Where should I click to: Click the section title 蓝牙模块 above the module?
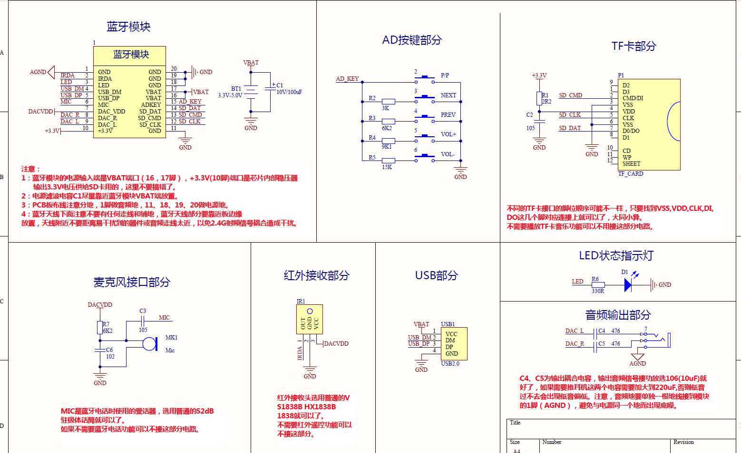(x=128, y=27)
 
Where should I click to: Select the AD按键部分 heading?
(x=412, y=40)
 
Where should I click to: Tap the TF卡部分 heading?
(x=634, y=46)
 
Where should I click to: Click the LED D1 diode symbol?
(x=628, y=285)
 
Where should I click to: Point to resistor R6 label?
(x=595, y=279)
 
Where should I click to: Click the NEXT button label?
(x=448, y=95)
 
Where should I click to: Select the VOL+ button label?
(x=448, y=134)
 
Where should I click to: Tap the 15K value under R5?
(x=387, y=167)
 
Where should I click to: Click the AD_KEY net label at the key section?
(x=347, y=79)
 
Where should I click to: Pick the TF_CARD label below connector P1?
(x=630, y=174)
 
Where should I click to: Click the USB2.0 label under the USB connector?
(x=450, y=364)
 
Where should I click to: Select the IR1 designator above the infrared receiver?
(x=301, y=302)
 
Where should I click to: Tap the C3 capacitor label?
(x=143, y=311)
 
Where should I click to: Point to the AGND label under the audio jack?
(x=637, y=364)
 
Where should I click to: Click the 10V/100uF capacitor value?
(x=289, y=92)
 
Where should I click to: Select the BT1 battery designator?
(x=236, y=89)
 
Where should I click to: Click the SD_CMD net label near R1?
(x=570, y=95)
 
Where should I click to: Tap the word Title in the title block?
(x=515, y=423)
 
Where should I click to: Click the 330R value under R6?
(x=598, y=291)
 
